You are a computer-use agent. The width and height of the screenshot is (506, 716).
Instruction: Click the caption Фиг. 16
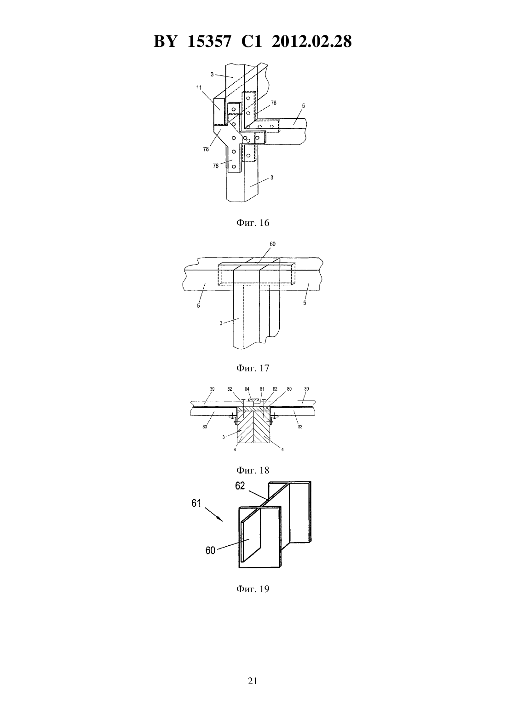pyautogui.click(x=253, y=223)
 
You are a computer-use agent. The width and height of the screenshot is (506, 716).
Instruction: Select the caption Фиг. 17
pyautogui.click(x=253, y=368)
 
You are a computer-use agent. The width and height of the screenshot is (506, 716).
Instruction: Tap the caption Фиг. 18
pyautogui.click(x=253, y=470)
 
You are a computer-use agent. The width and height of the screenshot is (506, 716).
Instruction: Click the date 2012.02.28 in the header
pyautogui.click(x=312, y=41)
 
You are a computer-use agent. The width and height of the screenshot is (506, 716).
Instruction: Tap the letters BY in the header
pyautogui.click(x=165, y=41)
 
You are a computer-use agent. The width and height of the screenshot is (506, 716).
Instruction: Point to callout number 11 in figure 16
pyautogui.click(x=199, y=87)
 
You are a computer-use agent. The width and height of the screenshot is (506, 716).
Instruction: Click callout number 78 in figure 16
pyautogui.click(x=206, y=149)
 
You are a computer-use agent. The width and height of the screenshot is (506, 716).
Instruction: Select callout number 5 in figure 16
pyautogui.click(x=303, y=106)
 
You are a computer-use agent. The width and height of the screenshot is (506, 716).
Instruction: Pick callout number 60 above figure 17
pyautogui.click(x=272, y=244)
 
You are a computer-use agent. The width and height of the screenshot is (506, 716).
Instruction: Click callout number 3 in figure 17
pyautogui.click(x=221, y=323)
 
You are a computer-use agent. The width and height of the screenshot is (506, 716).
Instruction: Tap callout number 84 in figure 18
pyautogui.click(x=247, y=389)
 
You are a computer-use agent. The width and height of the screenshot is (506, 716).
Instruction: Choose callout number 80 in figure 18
pyautogui.click(x=289, y=389)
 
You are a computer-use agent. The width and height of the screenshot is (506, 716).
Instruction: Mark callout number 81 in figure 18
pyautogui.click(x=262, y=389)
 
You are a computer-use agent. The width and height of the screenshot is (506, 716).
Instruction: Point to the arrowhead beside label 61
pyautogui.click(x=221, y=520)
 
